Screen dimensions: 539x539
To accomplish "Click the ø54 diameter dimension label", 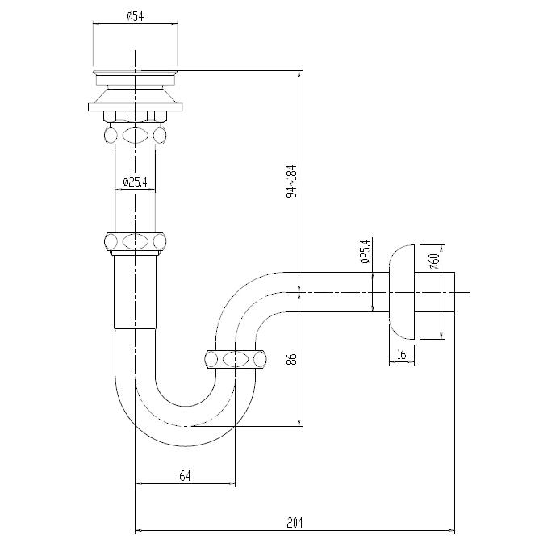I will (x=136, y=15).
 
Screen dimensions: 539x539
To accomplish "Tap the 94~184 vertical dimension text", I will (x=292, y=181).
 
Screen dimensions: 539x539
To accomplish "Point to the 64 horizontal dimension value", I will (x=185, y=476).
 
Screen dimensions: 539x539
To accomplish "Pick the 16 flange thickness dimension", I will (x=401, y=354).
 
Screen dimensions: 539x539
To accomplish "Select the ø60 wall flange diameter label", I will (x=433, y=261).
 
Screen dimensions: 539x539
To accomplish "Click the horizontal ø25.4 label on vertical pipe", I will (x=135, y=182).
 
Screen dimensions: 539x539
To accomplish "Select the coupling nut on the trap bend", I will (x=235, y=359).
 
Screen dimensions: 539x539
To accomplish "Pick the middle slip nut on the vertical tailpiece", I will (x=135, y=240).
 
